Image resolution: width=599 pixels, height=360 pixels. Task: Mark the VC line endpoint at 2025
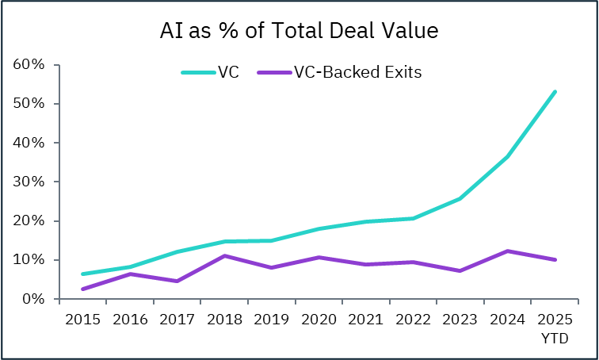point(555,92)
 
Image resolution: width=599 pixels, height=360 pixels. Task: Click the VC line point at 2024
point(507,156)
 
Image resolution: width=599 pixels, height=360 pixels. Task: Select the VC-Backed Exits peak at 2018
point(224,256)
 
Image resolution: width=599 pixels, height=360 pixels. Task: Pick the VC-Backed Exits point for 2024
point(507,251)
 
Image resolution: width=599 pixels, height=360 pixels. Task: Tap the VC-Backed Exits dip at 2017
point(177,281)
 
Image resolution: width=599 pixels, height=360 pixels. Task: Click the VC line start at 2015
point(82,274)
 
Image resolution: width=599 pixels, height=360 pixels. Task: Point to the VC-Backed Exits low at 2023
point(460,270)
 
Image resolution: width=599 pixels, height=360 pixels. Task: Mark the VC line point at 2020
point(319,229)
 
